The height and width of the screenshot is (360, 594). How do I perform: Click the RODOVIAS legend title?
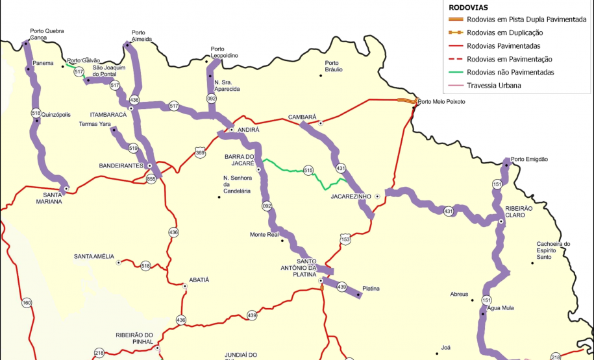(469, 8)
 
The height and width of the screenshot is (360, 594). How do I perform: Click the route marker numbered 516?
(36, 113)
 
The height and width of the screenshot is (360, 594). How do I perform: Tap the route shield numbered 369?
(200, 152)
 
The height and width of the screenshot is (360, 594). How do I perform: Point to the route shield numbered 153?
(345, 239)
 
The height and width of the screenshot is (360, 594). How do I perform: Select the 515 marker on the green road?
(308, 170)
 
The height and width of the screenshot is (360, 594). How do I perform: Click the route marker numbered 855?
(151, 178)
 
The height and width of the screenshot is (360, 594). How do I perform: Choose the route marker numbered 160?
(27, 302)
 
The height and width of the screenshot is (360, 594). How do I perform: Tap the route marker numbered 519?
(134, 149)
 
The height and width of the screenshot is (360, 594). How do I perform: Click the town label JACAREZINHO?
(350, 195)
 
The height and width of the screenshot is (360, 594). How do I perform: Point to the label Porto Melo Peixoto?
(441, 102)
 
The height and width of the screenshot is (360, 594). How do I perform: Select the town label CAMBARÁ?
(302, 117)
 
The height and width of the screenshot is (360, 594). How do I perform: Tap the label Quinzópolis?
(56, 114)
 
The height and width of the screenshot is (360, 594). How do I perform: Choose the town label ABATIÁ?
(199, 280)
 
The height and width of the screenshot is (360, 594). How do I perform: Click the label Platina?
(371, 288)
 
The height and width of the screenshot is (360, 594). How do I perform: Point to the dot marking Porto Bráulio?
(321, 76)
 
